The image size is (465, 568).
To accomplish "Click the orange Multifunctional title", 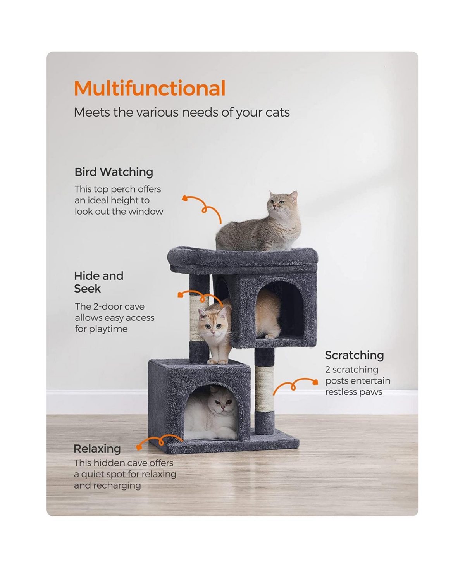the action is point(150,88).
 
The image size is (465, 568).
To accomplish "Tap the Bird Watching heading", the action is point(114,172).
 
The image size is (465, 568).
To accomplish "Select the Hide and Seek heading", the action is point(98,282).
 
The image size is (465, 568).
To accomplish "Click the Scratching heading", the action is point(354,355).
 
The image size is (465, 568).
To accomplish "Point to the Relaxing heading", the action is point(97,449).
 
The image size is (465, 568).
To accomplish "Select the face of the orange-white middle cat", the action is point(213,323).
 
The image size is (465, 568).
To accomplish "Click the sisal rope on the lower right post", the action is point(264,389).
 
